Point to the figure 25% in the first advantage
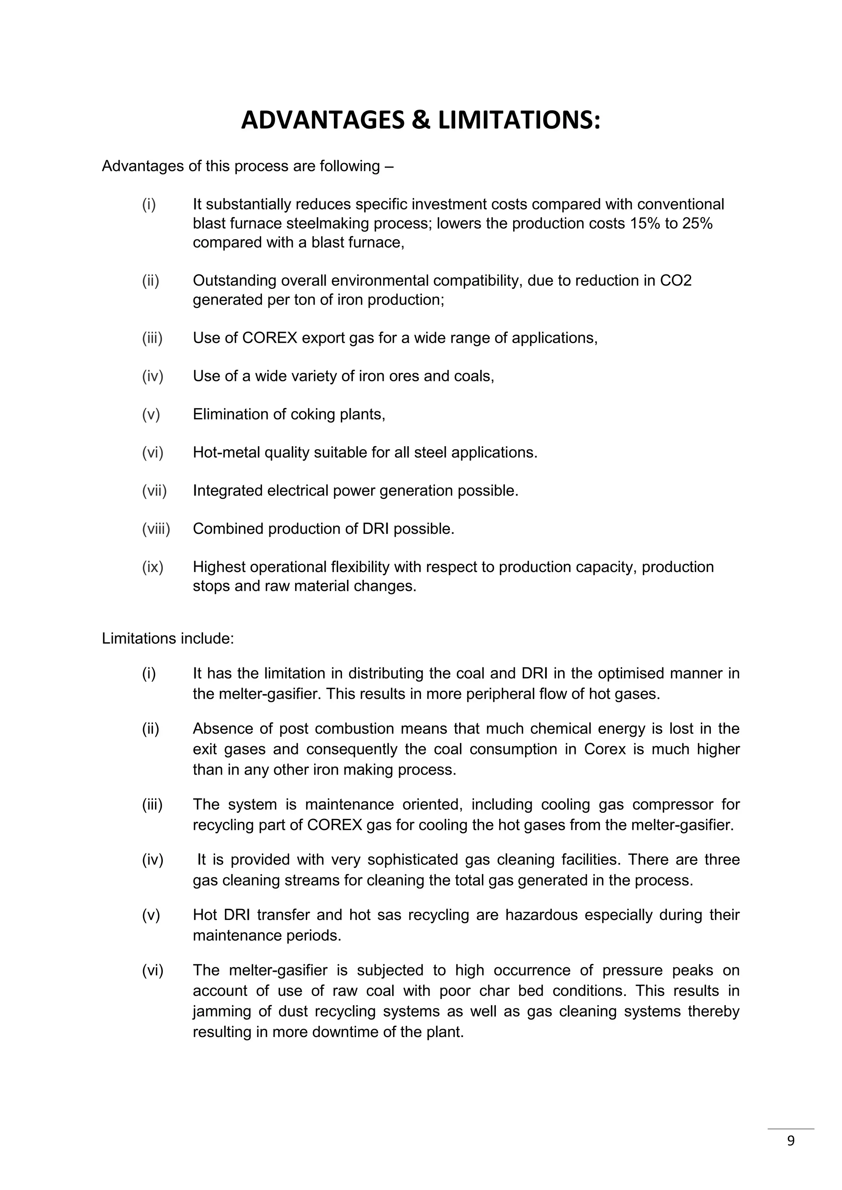point(697,224)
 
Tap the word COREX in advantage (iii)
point(270,338)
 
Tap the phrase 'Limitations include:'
point(168,639)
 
